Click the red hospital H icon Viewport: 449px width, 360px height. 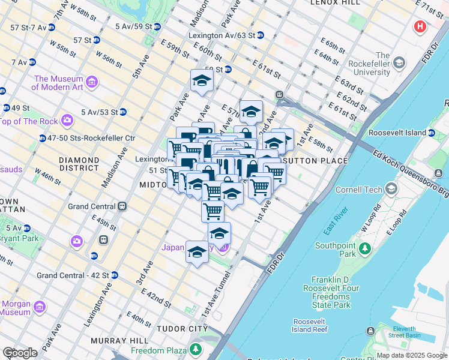pos(420,26)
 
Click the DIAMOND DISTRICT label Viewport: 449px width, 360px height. pos(79,164)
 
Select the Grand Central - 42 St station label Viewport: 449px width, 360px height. pos(72,275)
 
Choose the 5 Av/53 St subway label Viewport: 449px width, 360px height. pos(98,112)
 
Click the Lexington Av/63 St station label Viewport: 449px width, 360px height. pos(222,35)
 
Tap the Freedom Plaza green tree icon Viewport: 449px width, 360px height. pos(196,349)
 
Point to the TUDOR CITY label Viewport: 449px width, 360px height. pos(181,329)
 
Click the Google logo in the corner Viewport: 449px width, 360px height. pos(20,353)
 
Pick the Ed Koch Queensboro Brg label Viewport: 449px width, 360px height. pos(411,172)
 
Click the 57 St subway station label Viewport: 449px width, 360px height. pos(83,40)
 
